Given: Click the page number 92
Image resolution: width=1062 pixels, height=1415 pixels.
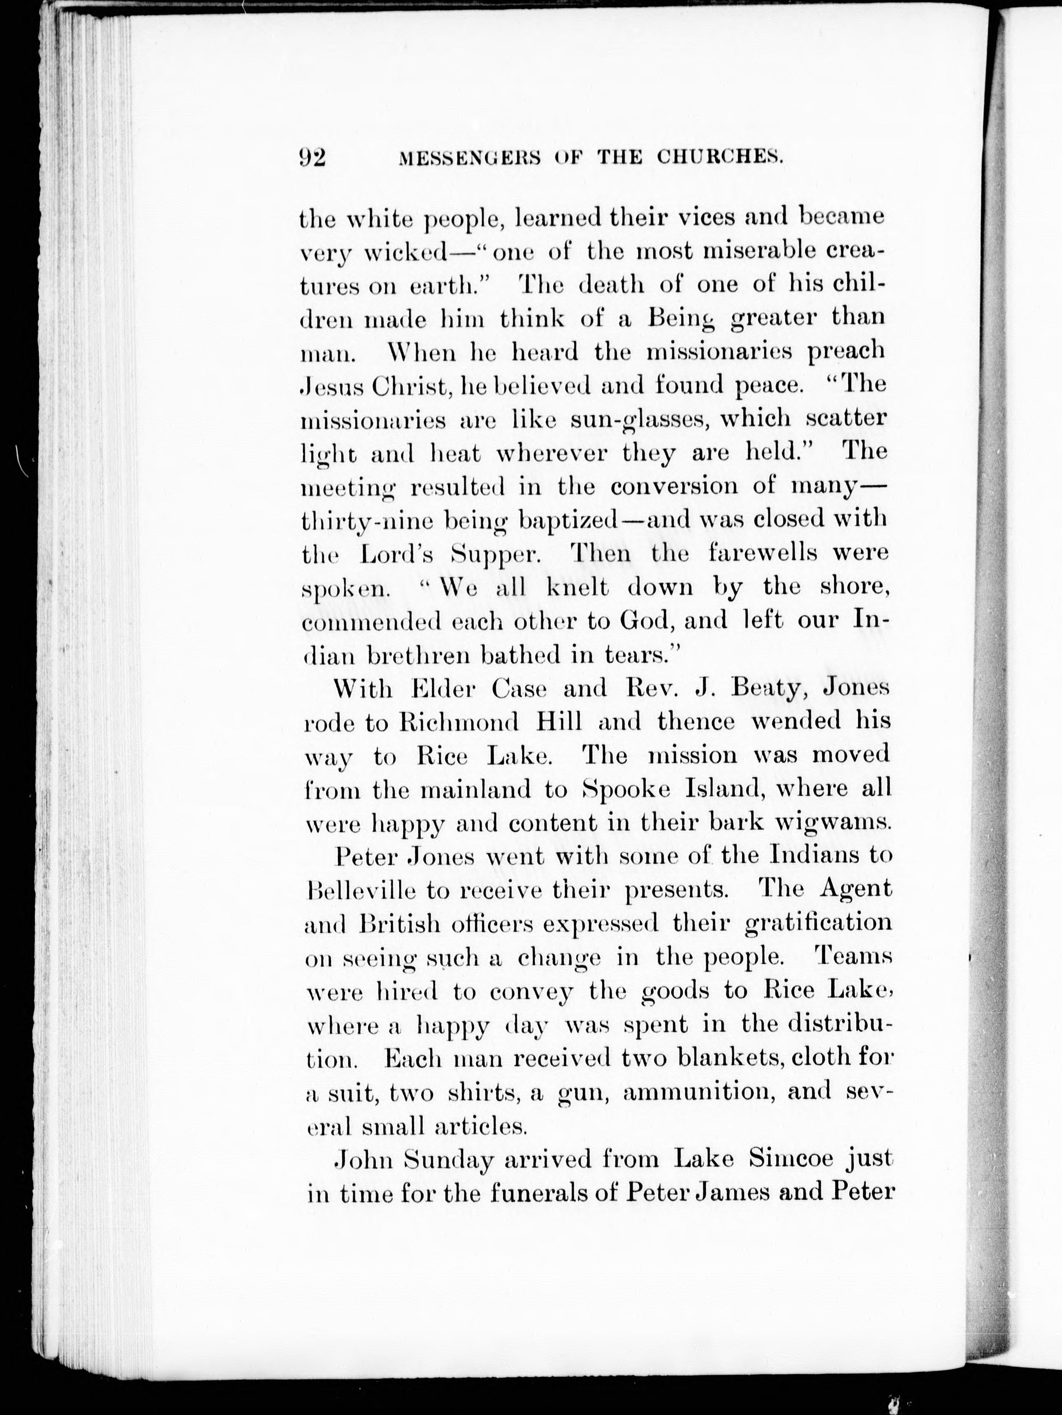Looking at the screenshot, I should point(313,157).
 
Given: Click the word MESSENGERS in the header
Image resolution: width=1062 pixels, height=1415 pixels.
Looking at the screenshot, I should point(468,157).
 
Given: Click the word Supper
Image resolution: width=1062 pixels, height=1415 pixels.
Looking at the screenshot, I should point(497,554).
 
